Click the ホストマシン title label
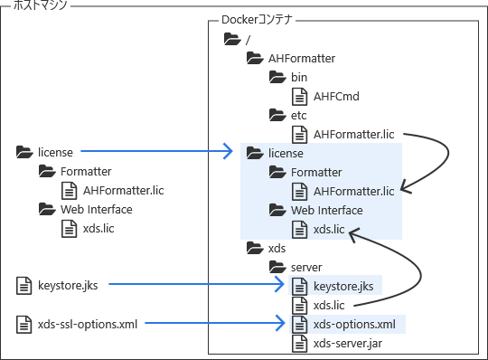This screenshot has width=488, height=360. click(41, 6)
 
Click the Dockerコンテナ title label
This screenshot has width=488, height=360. click(261, 20)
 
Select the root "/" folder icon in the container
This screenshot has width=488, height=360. click(231, 40)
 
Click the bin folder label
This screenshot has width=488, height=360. click(298, 78)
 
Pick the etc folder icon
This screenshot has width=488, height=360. click(277, 116)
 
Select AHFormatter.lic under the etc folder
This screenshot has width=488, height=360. click(353, 135)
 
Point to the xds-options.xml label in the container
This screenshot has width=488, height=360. click(353, 325)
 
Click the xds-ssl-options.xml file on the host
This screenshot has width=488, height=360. click(88, 324)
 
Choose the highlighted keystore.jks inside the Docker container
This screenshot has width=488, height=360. click(343, 287)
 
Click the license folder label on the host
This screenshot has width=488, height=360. click(55, 153)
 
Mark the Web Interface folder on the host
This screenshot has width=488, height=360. click(96, 210)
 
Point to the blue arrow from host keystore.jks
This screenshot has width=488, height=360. click(194, 287)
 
